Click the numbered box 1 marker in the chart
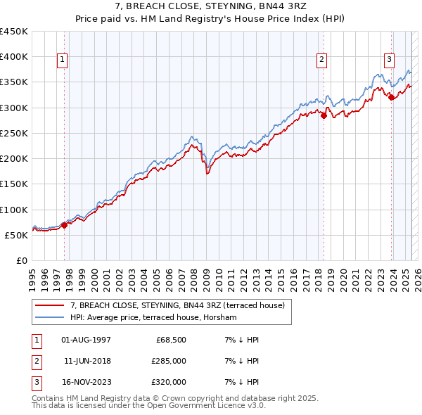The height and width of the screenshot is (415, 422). click(x=63, y=60)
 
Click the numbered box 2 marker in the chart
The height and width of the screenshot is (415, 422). click(x=321, y=60)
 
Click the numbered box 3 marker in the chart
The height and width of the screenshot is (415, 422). click(x=389, y=60)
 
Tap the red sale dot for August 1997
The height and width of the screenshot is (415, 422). click(x=64, y=225)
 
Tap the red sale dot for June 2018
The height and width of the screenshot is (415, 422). click(x=324, y=115)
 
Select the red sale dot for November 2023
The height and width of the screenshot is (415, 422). click(x=391, y=98)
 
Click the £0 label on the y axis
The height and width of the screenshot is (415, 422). click(x=21, y=260)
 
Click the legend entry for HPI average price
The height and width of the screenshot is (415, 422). click(x=153, y=318)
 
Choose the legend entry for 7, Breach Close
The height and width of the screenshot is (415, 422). click(x=177, y=306)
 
